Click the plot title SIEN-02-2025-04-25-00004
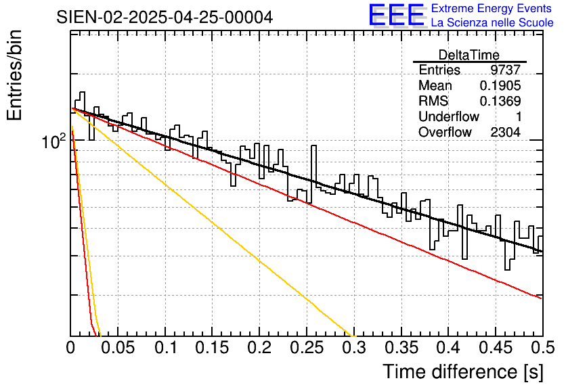[x=165, y=17]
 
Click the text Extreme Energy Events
[x=492, y=9]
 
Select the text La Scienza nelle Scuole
[x=492, y=23]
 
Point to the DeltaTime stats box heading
[x=469, y=55]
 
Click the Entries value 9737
[x=506, y=70]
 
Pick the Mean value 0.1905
[x=500, y=86]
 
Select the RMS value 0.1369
[x=500, y=101]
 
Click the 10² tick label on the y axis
[x=53, y=143]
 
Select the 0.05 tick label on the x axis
[x=118, y=349]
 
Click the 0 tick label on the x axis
[x=70, y=349]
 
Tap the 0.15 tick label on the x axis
[x=212, y=349]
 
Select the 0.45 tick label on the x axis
[x=496, y=349]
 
